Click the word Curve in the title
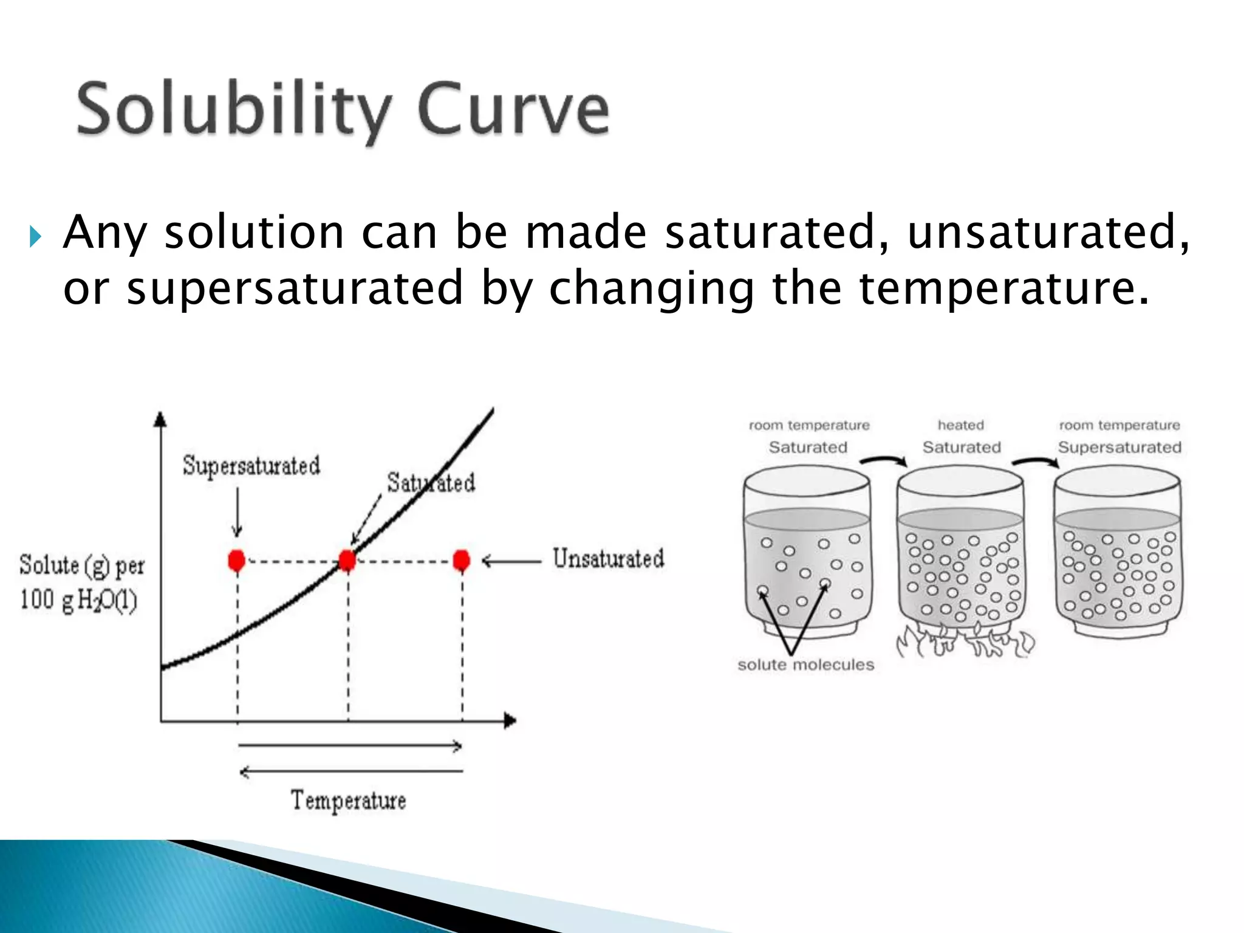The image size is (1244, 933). pos(513,110)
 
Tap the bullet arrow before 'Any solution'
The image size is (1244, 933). pos(35,237)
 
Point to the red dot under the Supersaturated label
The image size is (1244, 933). pos(236,560)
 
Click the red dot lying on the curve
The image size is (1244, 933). pos(347,560)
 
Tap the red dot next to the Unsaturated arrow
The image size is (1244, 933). pos(462,560)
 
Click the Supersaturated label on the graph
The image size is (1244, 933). pos(251,466)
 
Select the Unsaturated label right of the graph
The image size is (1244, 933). pos(608,558)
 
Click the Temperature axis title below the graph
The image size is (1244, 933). pos(348,801)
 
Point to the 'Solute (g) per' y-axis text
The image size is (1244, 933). pos(82,566)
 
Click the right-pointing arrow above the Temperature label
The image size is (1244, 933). pos(349,745)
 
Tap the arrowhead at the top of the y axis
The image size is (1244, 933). pos(160,419)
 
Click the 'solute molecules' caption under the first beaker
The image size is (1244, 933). pos(805,665)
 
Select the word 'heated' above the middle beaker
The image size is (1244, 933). pos(960,425)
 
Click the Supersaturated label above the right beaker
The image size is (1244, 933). pos(1119,448)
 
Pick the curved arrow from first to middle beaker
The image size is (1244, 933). pos(884,461)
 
